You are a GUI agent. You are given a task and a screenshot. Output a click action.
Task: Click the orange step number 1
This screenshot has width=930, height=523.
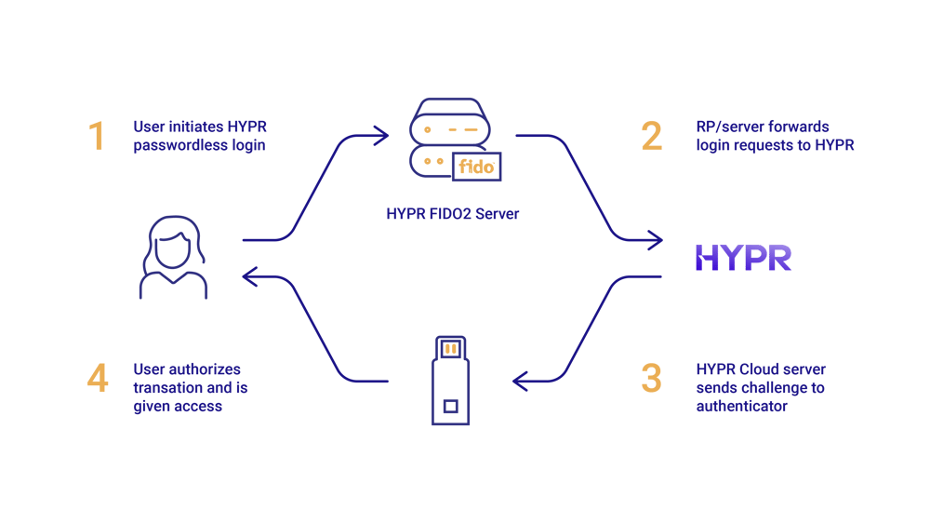pyautogui.click(x=98, y=136)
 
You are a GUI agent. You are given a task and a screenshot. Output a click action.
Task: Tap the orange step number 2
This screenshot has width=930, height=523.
pyautogui.click(x=651, y=136)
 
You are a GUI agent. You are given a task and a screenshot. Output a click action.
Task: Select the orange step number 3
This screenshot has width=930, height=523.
pyautogui.click(x=651, y=379)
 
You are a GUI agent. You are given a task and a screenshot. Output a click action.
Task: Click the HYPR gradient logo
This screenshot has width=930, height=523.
pyautogui.click(x=742, y=258)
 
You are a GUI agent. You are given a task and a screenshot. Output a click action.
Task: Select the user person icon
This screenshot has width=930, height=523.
pyautogui.click(x=174, y=257)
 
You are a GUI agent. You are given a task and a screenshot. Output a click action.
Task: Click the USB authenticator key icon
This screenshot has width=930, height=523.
pyautogui.click(x=451, y=382)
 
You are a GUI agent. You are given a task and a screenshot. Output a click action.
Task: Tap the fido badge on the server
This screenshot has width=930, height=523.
pyautogui.click(x=476, y=168)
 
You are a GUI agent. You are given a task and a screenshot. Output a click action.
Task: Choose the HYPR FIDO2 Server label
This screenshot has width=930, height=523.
pyautogui.click(x=452, y=214)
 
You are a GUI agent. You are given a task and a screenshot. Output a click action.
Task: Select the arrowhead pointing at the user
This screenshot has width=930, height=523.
pyautogui.click(x=247, y=275)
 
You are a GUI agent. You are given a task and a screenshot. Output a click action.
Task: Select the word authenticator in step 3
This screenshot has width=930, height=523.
pyautogui.click(x=741, y=406)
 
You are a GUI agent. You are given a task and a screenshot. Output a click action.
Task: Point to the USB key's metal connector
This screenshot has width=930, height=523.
pyautogui.click(x=451, y=348)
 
